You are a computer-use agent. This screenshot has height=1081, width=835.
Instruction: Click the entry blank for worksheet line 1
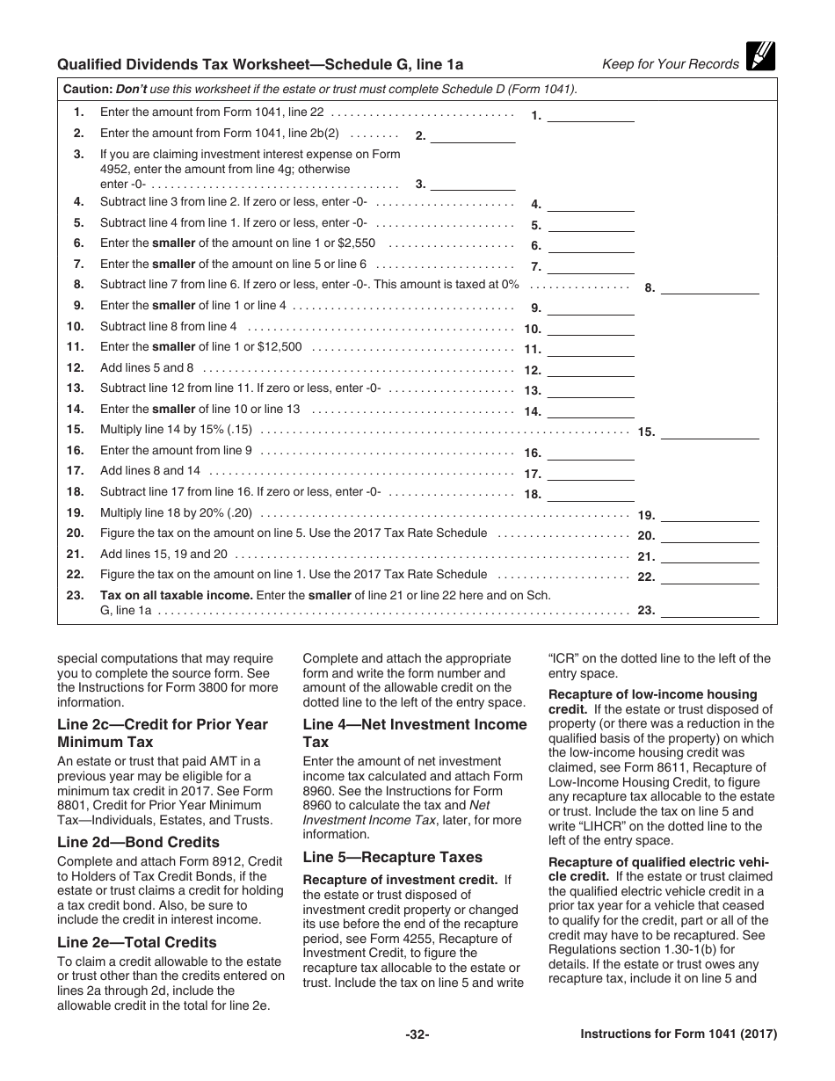click(x=591, y=114)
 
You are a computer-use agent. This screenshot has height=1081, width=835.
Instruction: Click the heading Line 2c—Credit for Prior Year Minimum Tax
click(x=163, y=733)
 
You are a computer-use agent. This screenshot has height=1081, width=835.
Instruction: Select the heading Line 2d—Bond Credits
click(x=138, y=843)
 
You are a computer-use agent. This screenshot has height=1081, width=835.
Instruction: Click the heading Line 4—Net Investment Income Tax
click(x=415, y=733)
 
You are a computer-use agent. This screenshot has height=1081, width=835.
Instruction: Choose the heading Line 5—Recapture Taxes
click(x=392, y=857)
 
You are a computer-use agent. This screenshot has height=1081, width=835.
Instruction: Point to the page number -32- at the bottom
click(x=417, y=1035)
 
